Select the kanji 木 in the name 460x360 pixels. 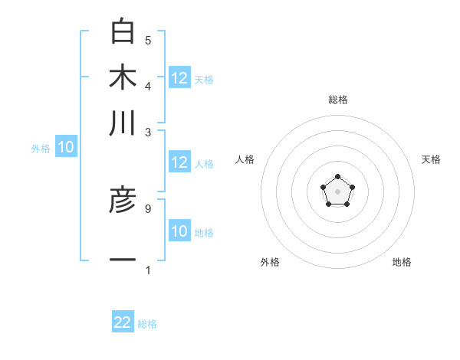coord(123,78)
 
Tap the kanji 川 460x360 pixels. coord(123,123)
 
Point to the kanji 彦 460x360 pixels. coord(123,201)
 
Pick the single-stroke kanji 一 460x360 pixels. coord(123,260)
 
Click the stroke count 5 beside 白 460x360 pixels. coord(148,40)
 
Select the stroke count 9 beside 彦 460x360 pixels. coord(148,208)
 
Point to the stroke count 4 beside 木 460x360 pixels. coord(148,85)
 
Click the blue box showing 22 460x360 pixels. coord(123,322)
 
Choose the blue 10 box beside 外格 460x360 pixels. coord(65,148)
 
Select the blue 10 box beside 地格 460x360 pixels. coord(179,231)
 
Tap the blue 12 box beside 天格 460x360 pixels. coord(179,78)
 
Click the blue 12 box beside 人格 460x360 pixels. coord(179,162)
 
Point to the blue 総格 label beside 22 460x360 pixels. coord(147,324)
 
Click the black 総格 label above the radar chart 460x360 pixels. coord(337,100)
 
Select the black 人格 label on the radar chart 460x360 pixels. coord(245,159)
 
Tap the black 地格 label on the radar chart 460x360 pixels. coord(402,262)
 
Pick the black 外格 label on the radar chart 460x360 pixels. coord(270,262)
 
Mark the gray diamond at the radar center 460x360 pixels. coord(337,190)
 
